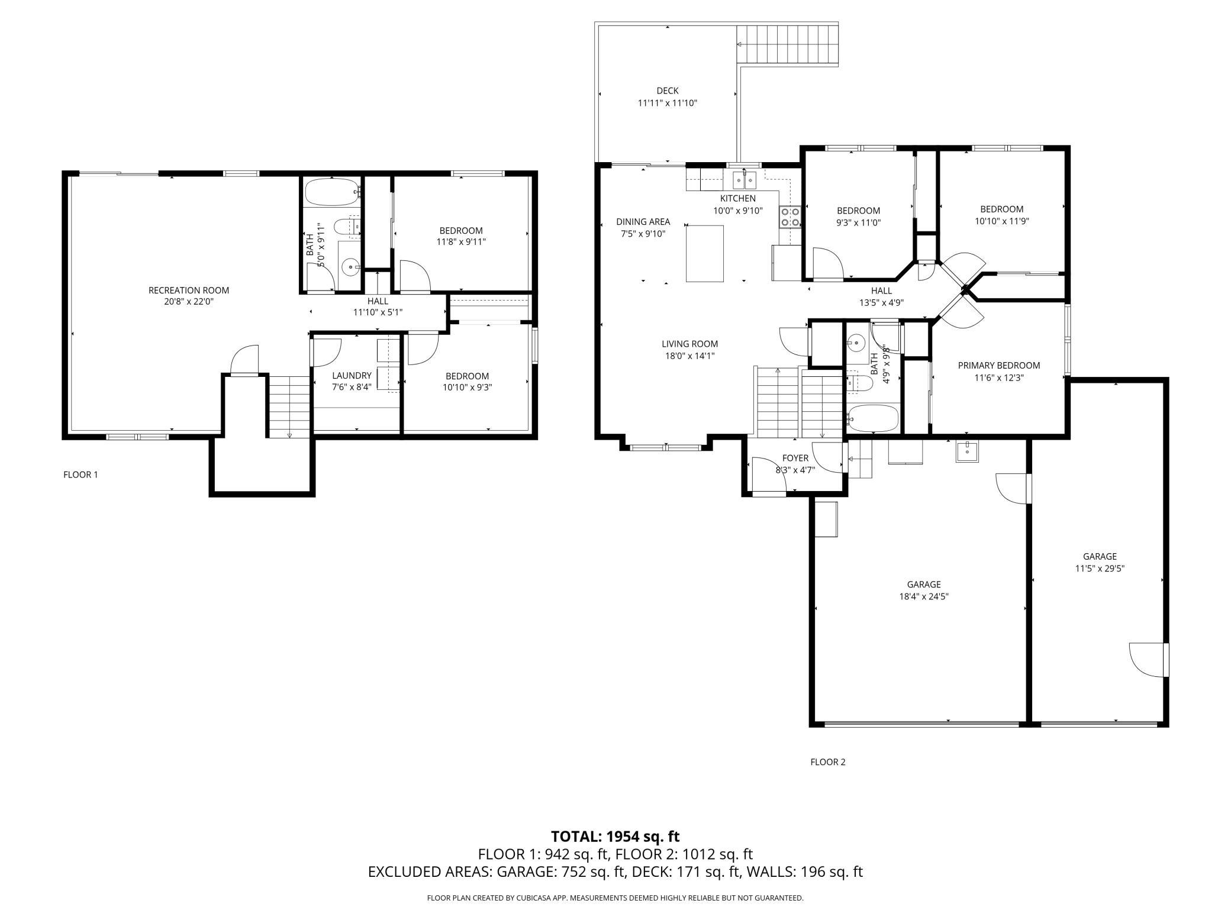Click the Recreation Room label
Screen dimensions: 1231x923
[x=188, y=290]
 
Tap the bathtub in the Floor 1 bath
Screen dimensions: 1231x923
[x=331, y=191]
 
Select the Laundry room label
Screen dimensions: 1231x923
[x=352, y=375]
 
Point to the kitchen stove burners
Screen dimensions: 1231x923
[x=789, y=217]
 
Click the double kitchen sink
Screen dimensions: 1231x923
[x=743, y=178]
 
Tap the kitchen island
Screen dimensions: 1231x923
[x=704, y=253]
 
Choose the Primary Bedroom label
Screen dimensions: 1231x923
[x=998, y=365]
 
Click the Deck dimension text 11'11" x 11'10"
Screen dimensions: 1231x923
[x=667, y=103]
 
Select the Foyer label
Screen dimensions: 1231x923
[x=795, y=458]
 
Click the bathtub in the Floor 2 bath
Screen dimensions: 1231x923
[x=873, y=418]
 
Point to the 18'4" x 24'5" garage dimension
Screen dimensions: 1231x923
[x=923, y=596]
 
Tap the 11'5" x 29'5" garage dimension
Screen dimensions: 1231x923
[x=1100, y=568]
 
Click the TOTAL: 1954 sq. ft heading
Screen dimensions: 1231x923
[x=615, y=837]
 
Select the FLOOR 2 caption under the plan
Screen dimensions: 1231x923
[x=828, y=762]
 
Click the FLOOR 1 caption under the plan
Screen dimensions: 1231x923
[x=80, y=475]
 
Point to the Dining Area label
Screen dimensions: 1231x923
[x=643, y=222]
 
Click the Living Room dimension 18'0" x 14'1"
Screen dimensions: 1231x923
[x=689, y=356]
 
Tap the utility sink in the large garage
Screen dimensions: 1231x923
[x=967, y=451]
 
